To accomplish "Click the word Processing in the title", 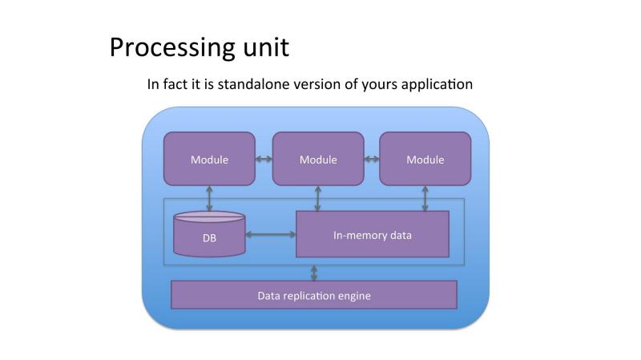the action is pyautogui.click(x=172, y=48).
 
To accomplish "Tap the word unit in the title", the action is pyautogui.click(x=266, y=47).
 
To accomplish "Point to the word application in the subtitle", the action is pyautogui.click(x=437, y=85).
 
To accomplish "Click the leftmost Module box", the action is pyautogui.click(x=209, y=159).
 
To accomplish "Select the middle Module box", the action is pyautogui.click(x=318, y=159).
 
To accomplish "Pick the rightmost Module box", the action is pyautogui.click(x=425, y=159).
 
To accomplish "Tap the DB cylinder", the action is pyautogui.click(x=209, y=234).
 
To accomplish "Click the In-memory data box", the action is pyautogui.click(x=373, y=234).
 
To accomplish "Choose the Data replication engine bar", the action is pyautogui.click(x=314, y=295).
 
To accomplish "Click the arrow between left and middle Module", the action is pyautogui.click(x=264, y=159).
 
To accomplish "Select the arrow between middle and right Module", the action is pyautogui.click(x=372, y=159).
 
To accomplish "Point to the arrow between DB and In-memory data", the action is pyautogui.click(x=271, y=234).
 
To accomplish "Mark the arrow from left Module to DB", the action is pyautogui.click(x=209, y=199).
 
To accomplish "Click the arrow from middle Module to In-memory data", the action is pyautogui.click(x=318, y=198).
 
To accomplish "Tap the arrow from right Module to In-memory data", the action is pyautogui.click(x=425, y=198).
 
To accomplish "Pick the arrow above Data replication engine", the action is pyautogui.click(x=314, y=273).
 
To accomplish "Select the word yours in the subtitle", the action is pyautogui.click(x=379, y=85).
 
